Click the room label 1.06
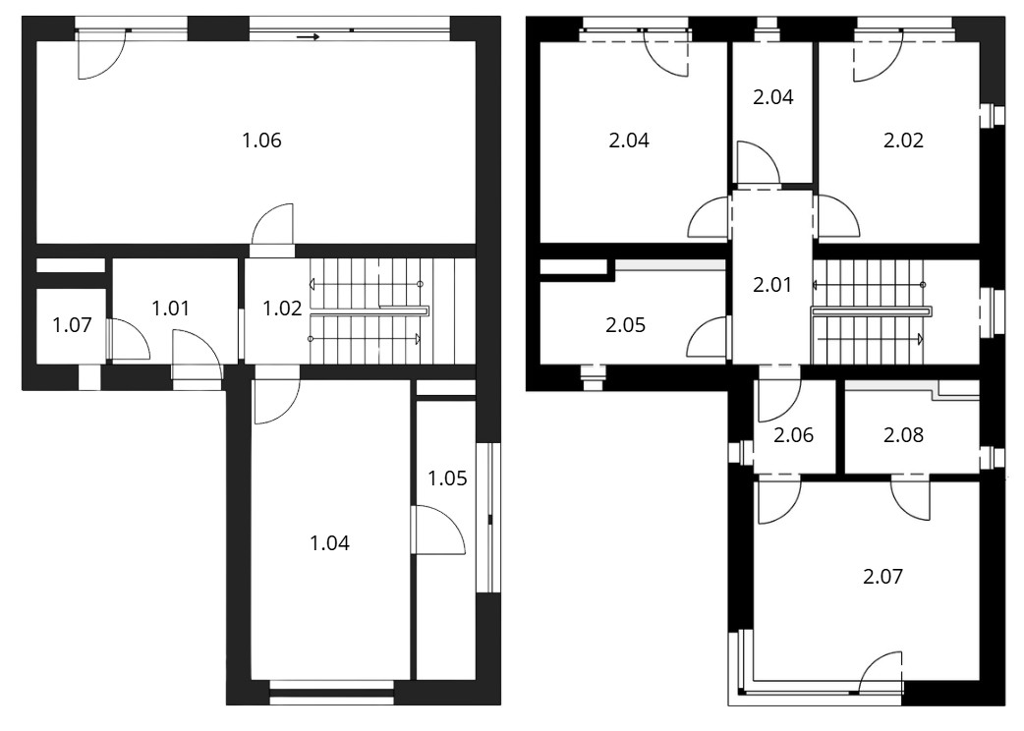(261, 141)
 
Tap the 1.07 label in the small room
(72, 324)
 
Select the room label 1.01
(170, 309)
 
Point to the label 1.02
(282, 309)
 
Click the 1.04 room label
(330, 542)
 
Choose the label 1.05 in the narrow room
(447, 478)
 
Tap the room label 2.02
(904, 141)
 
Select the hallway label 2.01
(772, 285)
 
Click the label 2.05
(626, 324)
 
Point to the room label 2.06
(793, 434)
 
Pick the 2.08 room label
(904, 434)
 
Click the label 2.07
(882, 577)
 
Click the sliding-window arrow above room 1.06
(308, 37)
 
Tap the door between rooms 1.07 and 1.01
(128, 339)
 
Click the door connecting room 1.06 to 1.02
(272, 225)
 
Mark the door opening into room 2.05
(708, 336)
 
